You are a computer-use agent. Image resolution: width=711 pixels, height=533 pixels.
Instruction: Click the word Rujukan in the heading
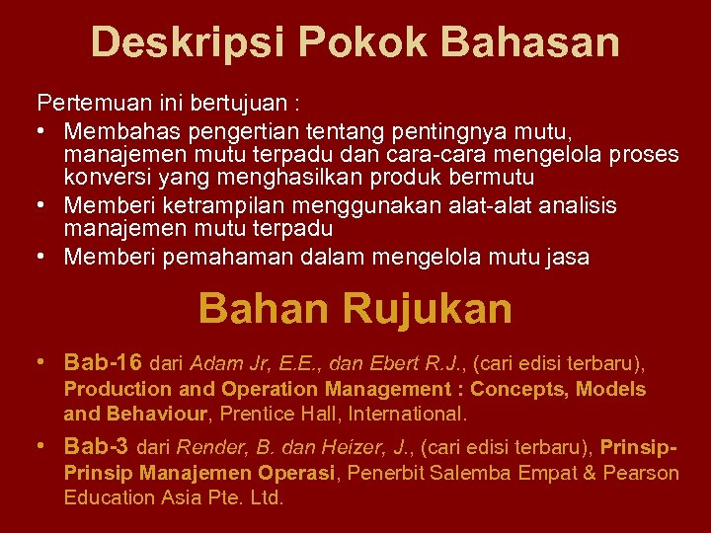pos(428,309)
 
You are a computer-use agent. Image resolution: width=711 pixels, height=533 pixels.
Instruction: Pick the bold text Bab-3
pos(96,446)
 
